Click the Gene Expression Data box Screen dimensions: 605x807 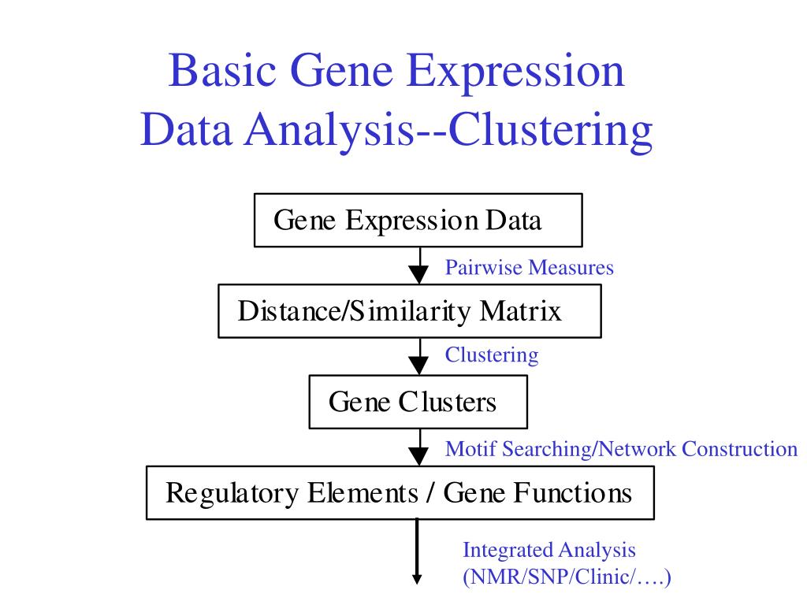418,220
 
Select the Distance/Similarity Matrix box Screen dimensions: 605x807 409,311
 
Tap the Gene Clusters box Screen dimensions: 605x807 418,402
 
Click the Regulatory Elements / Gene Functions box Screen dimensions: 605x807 400,493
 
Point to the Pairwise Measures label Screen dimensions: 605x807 529,268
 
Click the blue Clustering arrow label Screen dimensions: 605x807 492,355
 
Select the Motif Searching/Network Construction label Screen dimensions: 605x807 621,449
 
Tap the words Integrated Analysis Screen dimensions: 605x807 549,550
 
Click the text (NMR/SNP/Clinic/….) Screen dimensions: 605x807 566,578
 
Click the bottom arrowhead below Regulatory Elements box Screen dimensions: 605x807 418,578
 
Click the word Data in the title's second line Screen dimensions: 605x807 186,131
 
